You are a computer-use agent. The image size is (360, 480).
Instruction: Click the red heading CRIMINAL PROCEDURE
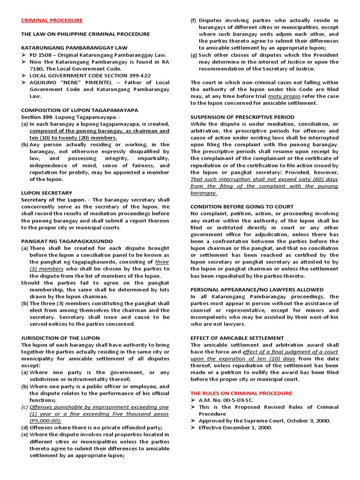click(x=52, y=21)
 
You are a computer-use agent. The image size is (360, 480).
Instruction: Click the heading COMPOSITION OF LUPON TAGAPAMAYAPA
click(x=79, y=110)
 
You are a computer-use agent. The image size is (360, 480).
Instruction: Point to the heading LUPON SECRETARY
click(x=46, y=193)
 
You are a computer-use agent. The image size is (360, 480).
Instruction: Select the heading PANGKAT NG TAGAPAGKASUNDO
click(x=67, y=241)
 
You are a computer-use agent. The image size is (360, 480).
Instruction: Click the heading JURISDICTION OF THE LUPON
click(x=60, y=338)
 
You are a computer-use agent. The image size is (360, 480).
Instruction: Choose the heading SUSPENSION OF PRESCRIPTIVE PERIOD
click(x=242, y=117)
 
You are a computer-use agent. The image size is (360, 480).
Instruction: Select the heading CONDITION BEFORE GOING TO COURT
click(x=242, y=207)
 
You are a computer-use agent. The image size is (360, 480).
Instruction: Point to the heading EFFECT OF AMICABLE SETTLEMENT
click(x=237, y=338)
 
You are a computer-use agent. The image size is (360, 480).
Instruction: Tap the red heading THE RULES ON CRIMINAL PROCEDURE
click(x=241, y=393)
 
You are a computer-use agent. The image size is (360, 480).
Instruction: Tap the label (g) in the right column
click(x=194, y=55)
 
